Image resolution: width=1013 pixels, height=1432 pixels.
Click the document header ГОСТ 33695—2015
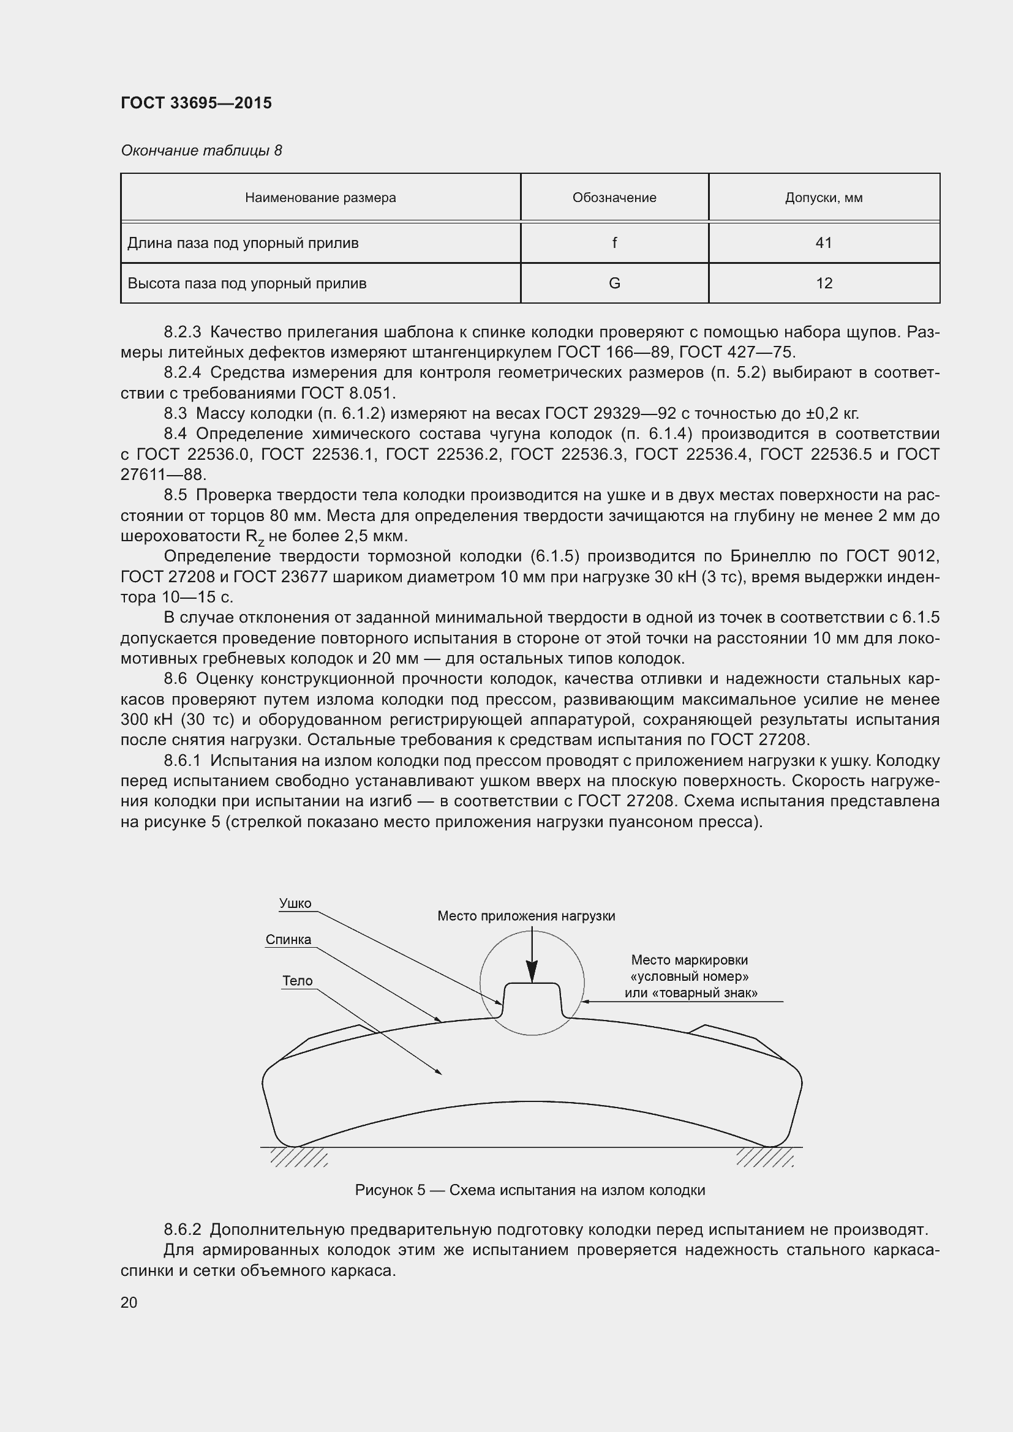coord(196,103)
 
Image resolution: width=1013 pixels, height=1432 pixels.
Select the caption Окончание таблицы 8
coord(201,151)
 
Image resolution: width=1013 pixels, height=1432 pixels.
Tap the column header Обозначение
coord(614,198)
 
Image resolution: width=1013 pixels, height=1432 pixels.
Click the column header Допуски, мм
coord(823,198)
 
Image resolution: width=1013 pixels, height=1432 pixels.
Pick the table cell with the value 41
coord(823,242)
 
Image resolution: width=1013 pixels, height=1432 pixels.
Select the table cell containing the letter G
coord(614,283)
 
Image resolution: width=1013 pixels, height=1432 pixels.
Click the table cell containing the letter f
coord(614,242)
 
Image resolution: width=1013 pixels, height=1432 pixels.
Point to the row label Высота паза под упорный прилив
coord(247,283)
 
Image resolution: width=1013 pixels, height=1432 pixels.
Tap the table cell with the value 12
coord(823,283)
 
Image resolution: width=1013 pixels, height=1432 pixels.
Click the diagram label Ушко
coord(295,904)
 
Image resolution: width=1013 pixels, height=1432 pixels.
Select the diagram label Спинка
coord(288,940)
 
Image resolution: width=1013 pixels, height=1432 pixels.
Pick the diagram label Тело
coord(298,981)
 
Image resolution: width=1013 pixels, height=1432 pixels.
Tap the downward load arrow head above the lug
coord(532,972)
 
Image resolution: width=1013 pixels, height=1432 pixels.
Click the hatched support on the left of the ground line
coord(298,1158)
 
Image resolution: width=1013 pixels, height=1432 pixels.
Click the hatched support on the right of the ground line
coord(765,1158)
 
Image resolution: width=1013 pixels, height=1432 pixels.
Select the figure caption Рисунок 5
coord(390,1190)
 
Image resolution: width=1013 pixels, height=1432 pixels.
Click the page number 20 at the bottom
coord(129,1303)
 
